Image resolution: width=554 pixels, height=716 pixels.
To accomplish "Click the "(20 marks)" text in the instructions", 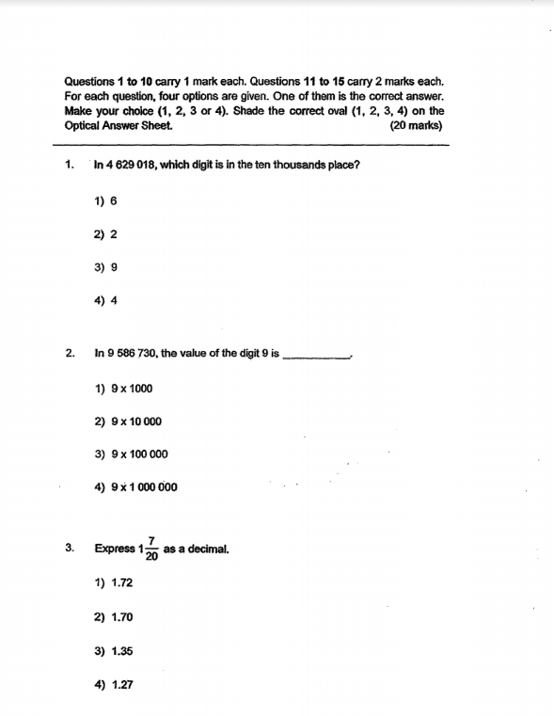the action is coord(416,125).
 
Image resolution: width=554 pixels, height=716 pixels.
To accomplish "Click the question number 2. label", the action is coord(71,354).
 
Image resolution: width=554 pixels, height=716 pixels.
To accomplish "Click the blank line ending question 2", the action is coord(317,357).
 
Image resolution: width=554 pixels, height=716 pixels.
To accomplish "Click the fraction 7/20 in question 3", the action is coord(151,548).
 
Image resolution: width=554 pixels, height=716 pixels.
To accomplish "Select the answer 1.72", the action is coord(114,583).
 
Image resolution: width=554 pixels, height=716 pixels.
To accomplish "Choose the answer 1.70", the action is coord(114,618).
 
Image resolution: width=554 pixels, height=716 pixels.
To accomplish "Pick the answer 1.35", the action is coord(114,651).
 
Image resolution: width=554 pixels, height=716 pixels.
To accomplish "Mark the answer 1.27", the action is coord(114,686).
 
